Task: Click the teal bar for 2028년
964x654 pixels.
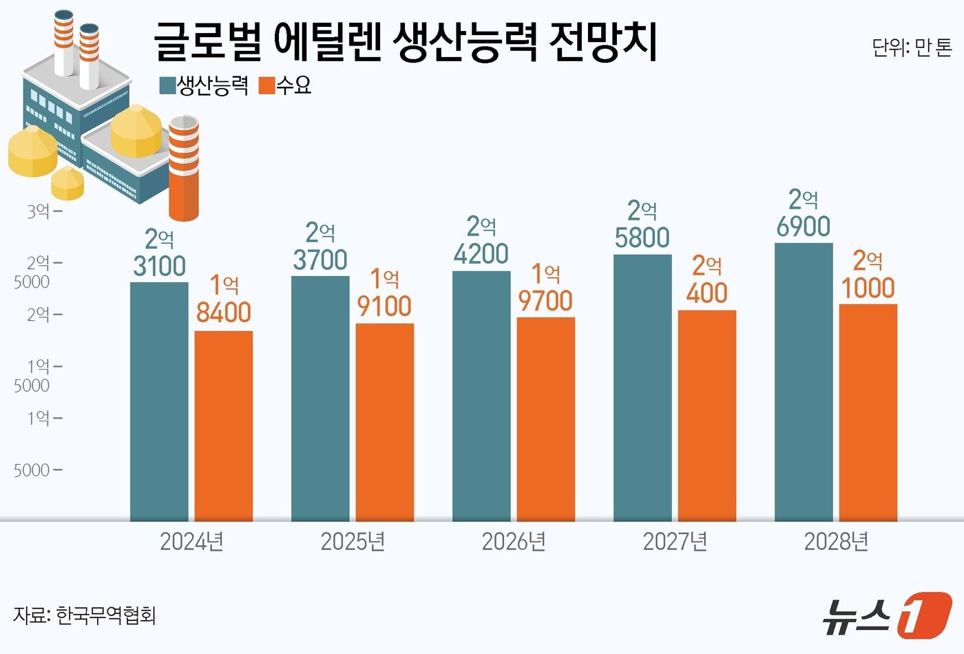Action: tap(804, 382)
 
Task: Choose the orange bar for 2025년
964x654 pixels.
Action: tap(385, 422)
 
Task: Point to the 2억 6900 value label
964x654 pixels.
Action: tap(804, 213)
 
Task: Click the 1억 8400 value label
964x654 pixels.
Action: tap(224, 299)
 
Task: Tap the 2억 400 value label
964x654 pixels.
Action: tap(707, 279)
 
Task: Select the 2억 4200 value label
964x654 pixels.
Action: tap(481, 241)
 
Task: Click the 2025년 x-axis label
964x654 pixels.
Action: tap(353, 542)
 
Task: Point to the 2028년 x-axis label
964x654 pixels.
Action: tap(836, 542)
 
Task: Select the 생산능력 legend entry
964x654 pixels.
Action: tap(205, 85)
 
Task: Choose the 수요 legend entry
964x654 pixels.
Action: tap(286, 85)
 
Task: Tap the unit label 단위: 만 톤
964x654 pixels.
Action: tap(912, 48)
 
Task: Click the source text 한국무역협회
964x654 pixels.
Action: tap(106, 615)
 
